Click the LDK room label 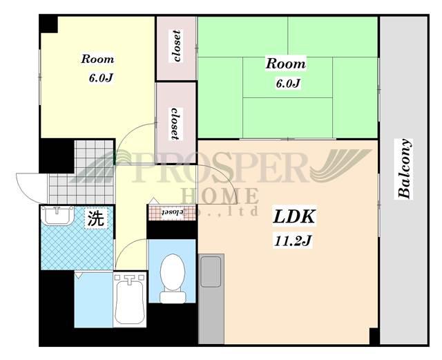tap(294, 217)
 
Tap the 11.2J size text tap(293, 240)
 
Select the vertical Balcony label tap(404, 169)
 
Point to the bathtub tap(130, 300)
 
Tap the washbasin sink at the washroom tap(57, 216)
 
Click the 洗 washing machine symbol tap(97, 218)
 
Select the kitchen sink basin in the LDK tap(211, 272)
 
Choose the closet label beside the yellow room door tap(175, 124)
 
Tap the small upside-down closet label tap(173, 211)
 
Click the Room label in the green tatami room tap(285, 64)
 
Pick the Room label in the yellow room tap(98, 59)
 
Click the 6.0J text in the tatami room tap(288, 83)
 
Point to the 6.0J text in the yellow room tap(101, 78)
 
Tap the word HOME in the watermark tap(220, 196)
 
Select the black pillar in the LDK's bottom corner tap(374, 336)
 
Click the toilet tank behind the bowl tap(173, 297)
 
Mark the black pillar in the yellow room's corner tap(49, 24)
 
